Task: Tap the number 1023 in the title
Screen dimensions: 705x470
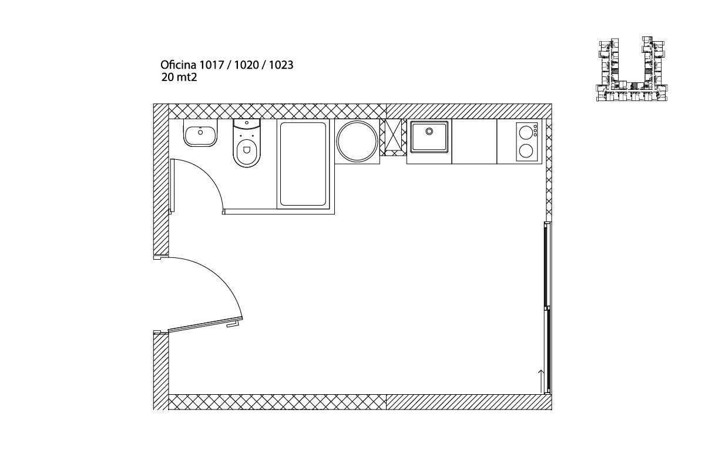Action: click(x=281, y=65)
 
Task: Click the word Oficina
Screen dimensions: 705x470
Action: click(x=179, y=65)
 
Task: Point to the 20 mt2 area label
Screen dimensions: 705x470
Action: click(x=179, y=77)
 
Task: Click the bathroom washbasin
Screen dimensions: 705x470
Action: click(x=200, y=133)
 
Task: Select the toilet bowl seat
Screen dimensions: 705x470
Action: click(x=247, y=153)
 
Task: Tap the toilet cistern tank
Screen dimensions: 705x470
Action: click(x=247, y=125)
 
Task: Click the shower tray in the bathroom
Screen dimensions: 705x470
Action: click(x=303, y=164)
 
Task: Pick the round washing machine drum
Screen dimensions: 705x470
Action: click(x=357, y=141)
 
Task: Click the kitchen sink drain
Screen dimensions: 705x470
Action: click(x=429, y=131)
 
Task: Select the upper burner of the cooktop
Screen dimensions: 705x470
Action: click(x=525, y=132)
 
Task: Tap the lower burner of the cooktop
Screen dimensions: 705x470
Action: click(x=525, y=151)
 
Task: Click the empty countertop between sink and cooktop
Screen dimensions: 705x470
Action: click(x=474, y=142)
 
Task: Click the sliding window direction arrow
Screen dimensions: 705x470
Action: click(x=541, y=381)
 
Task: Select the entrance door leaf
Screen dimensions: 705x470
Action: click(x=205, y=325)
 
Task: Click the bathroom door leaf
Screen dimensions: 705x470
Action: click(x=172, y=186)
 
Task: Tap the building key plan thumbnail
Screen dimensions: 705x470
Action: click(x=632, y=69)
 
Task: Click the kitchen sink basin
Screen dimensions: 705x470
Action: click(x=429, y=137)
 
